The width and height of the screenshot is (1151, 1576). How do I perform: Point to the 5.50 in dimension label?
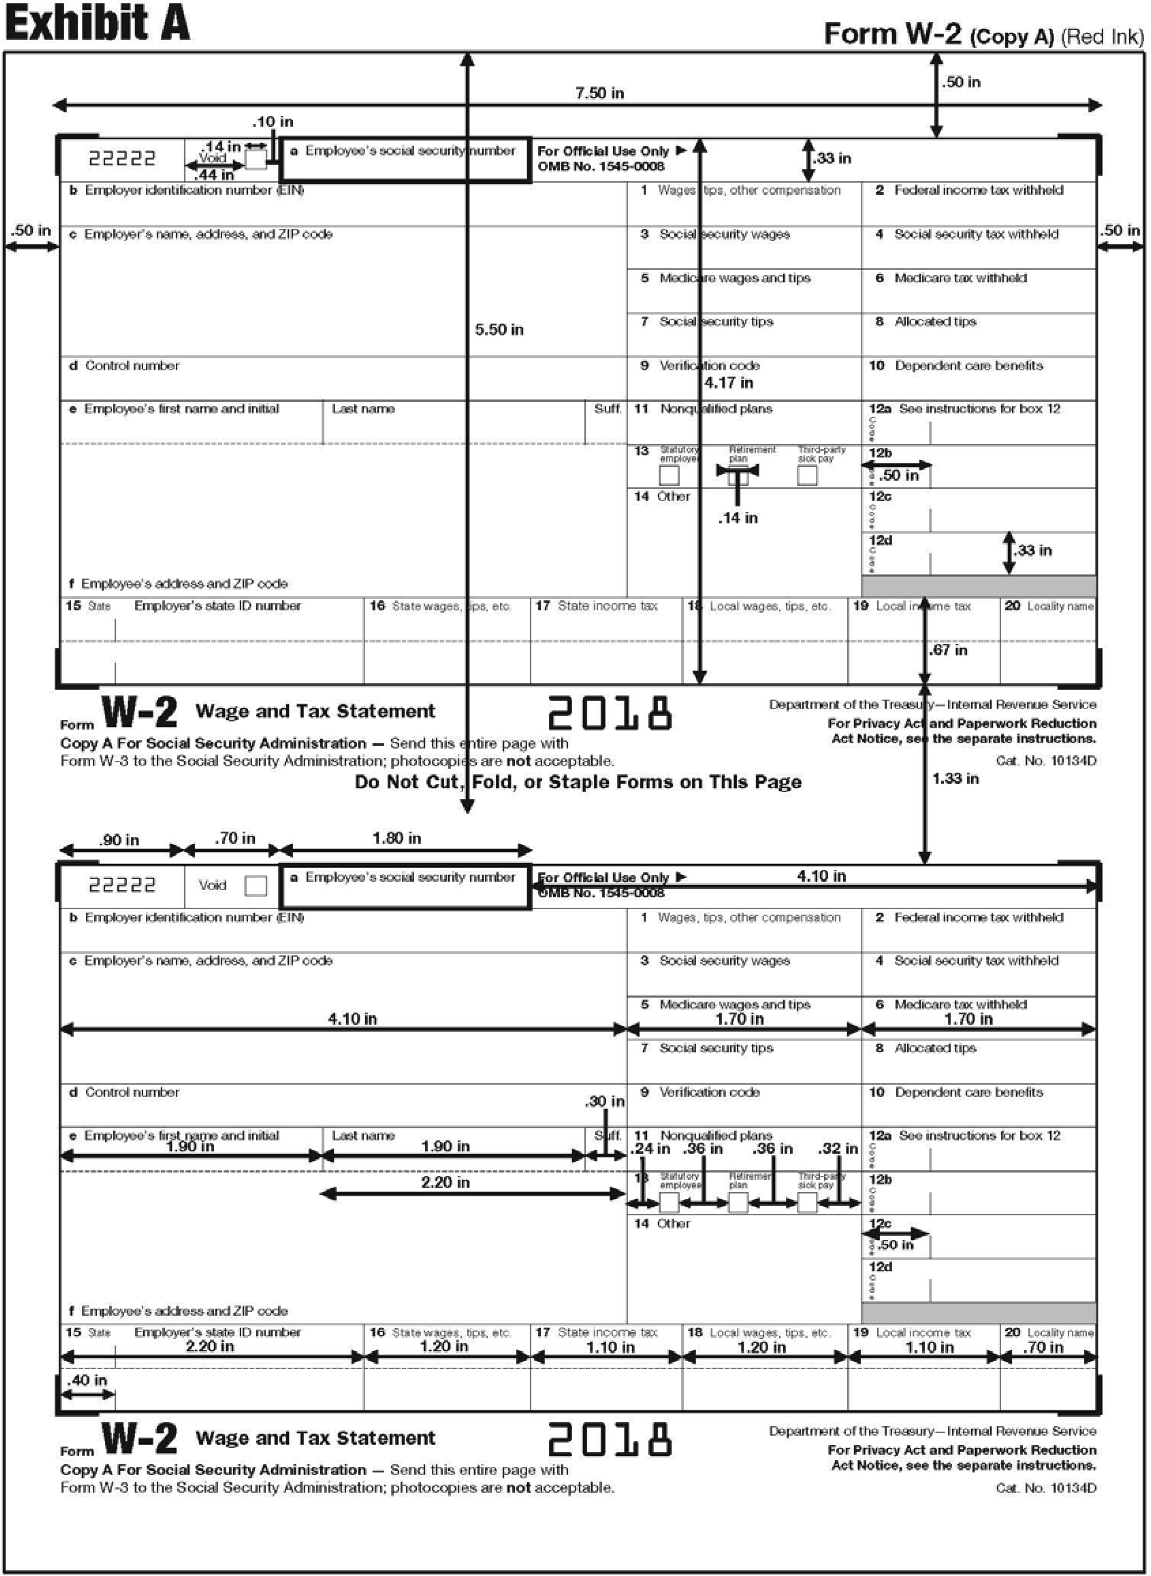point(499,329)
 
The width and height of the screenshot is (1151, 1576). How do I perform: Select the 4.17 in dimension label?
point(728,383)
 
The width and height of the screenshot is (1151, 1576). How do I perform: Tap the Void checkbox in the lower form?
point(256,886)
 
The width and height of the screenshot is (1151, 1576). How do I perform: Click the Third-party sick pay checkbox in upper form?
point(807,475)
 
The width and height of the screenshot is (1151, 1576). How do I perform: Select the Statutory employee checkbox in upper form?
point(669,475)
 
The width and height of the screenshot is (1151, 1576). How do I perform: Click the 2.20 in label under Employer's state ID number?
point(210,1346)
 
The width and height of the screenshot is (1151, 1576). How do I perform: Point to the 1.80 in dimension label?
point(397,838)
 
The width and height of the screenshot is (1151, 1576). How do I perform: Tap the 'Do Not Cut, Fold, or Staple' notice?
point(578,782)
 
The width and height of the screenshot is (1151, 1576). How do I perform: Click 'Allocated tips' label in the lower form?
point(935,1048)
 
